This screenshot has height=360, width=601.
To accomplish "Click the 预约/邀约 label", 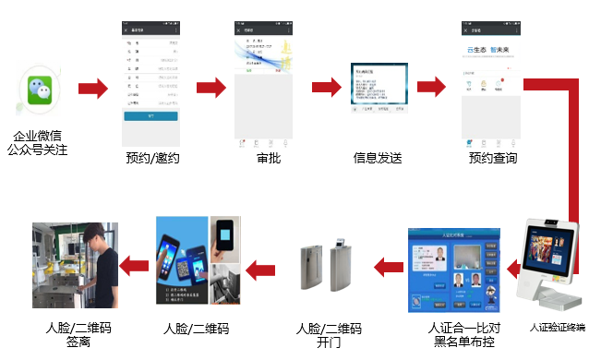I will pyautogui.click(x=152, y=158).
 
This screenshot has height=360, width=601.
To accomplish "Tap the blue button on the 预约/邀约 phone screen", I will pyautogui.click(x=151, y=116).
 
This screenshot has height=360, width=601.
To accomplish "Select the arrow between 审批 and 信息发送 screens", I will pyautogui.click(x=326, y=88).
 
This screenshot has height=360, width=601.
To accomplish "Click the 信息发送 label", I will pyautogui.click(x=378, y=158).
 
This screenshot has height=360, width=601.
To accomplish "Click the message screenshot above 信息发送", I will pyautogui.click(x=379, y=89).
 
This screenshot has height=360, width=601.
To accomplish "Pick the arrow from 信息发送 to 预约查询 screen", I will pyautogui.click(x=431, y=88).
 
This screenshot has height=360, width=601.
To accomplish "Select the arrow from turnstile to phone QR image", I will pyautogui.click(x=261, y=270).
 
